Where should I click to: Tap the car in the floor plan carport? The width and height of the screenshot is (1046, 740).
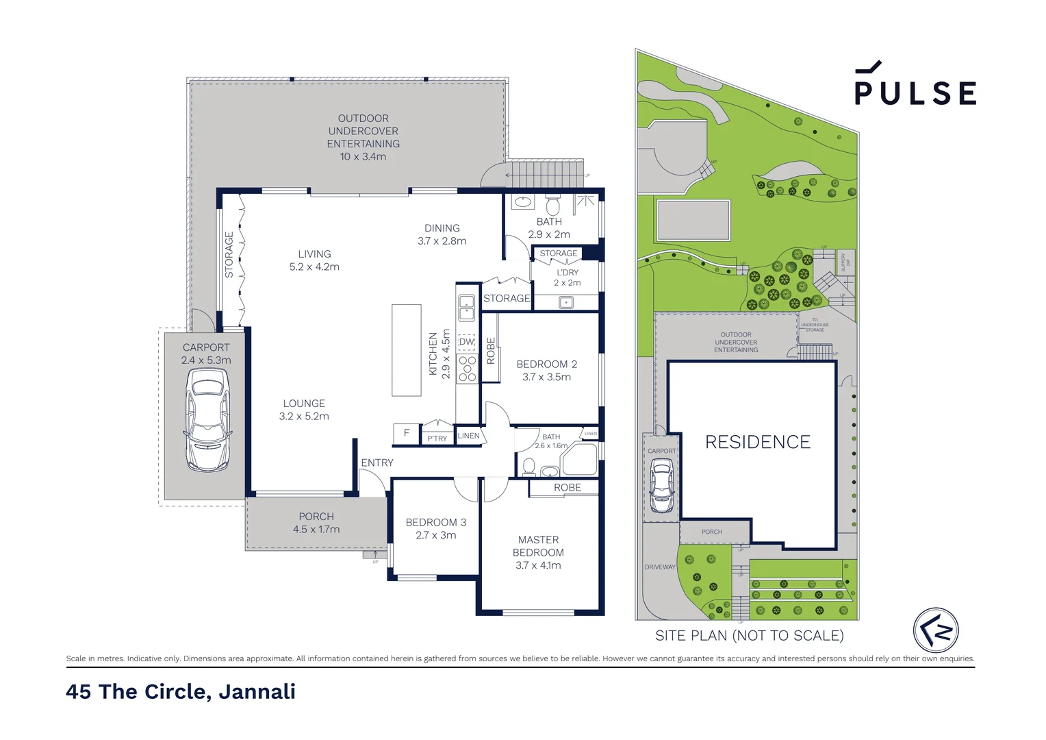click(207, 419)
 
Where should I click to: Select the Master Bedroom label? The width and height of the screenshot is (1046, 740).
click(538, 552)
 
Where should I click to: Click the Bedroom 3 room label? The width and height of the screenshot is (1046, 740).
click(435, 522)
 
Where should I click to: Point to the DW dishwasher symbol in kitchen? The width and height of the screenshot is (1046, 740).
click(467, 342)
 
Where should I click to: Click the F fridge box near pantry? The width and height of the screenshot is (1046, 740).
click(406, 433)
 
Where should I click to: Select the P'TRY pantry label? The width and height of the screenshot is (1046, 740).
click(437, 438)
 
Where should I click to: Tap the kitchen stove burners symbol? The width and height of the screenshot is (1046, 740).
click(468, 369)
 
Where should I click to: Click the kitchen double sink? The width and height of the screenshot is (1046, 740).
click(467, 308)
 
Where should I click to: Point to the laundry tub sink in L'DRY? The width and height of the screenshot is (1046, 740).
click(566, 302)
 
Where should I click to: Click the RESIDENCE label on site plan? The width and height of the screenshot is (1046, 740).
click(758, 442)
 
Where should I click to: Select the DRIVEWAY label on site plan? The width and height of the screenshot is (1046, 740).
click(660, 567)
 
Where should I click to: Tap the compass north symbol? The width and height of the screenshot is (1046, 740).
click(935, 630)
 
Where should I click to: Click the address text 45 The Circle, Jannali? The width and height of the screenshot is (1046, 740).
click(181, 691)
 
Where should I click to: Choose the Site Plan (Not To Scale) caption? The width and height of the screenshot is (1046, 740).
click(749, 636)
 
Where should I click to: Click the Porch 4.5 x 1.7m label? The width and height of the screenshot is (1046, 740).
click(316, 523)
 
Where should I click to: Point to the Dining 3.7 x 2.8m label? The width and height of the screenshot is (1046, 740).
click(442, 234)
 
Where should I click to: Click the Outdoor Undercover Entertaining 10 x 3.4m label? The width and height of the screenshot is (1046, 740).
click(363, 137)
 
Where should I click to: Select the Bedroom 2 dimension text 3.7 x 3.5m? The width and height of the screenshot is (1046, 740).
click(546, 377)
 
